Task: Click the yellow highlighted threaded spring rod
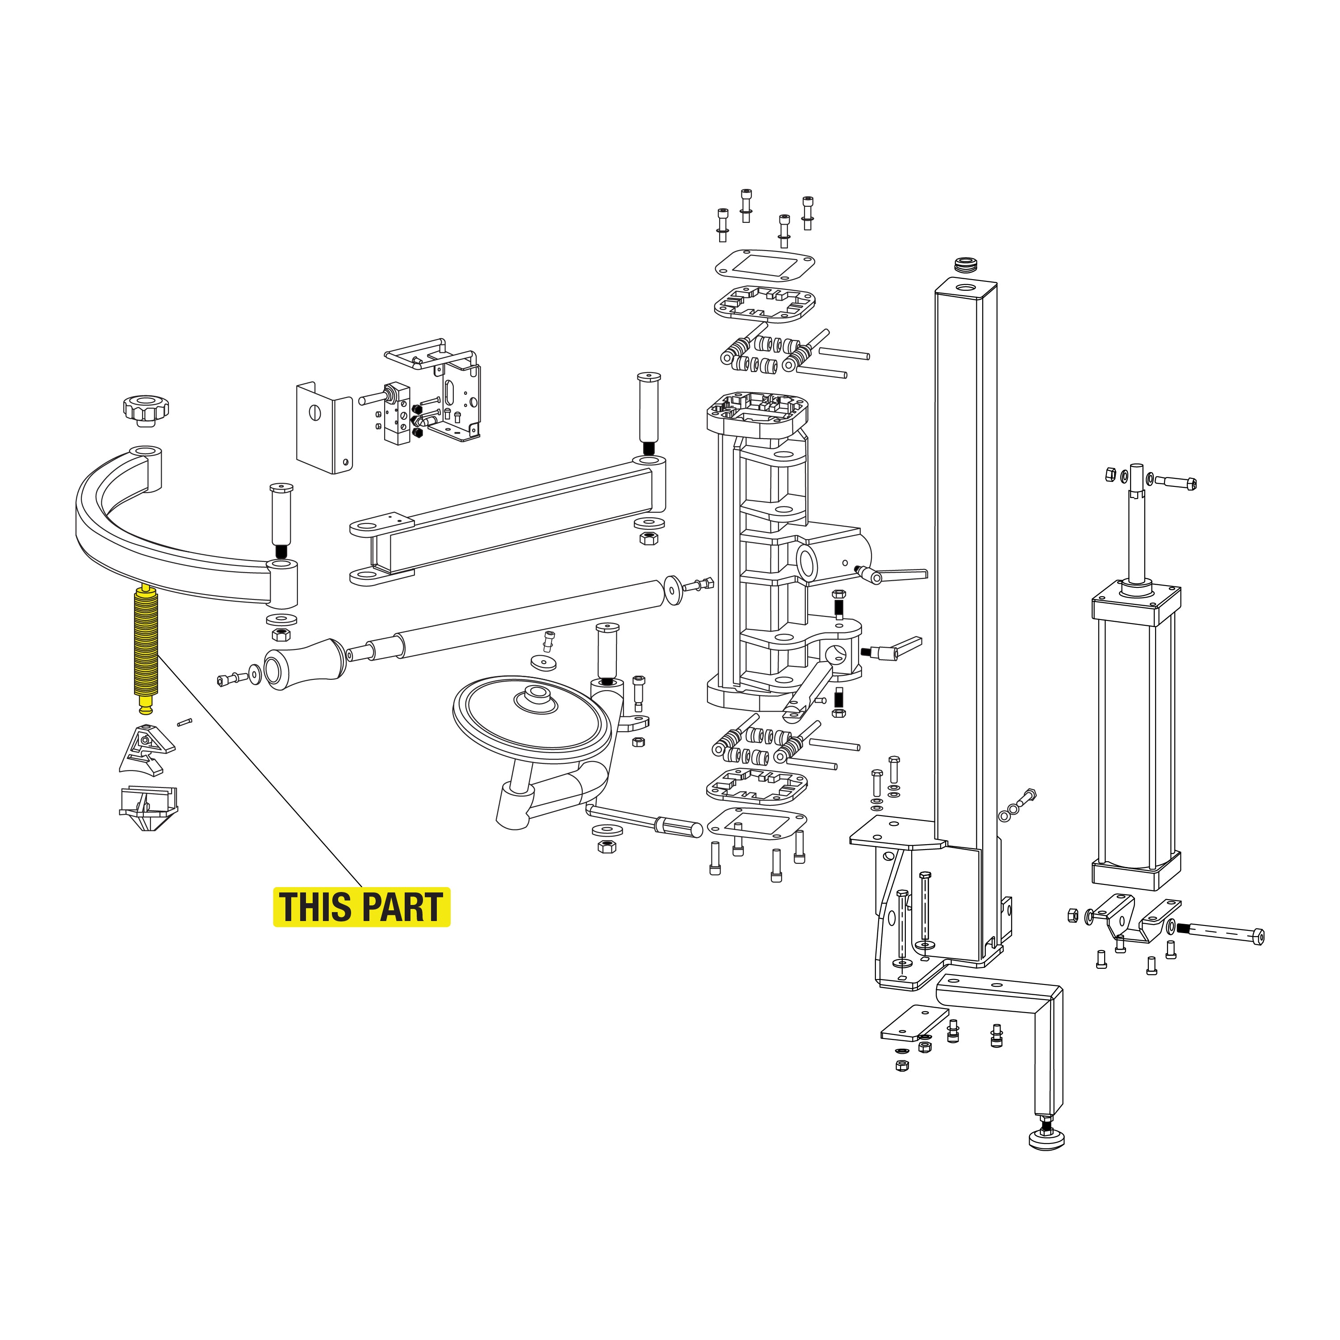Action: pyautogui.click(x=146, y=649)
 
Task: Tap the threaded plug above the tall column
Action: pyautogui.click(x=965, y=264)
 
